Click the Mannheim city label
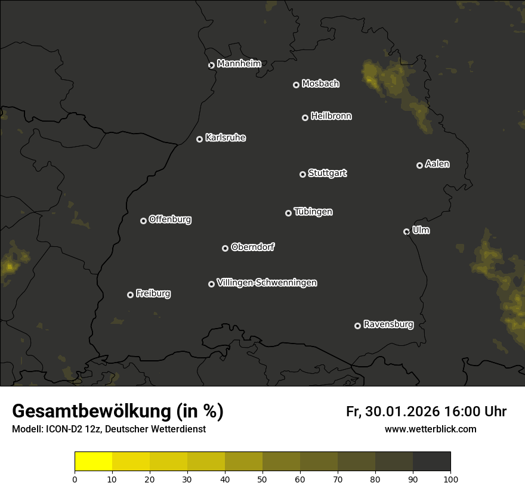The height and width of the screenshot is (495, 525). point(239,64)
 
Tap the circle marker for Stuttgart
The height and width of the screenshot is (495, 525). point(302,174)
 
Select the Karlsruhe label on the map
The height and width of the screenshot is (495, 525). point(225,138)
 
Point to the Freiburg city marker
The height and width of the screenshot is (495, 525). point(130,295)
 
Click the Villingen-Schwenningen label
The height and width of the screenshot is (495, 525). point(267,283)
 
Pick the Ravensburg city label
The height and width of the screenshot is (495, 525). point(388,324)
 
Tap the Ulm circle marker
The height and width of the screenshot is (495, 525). point(406,231)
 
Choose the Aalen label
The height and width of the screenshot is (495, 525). point(437,164)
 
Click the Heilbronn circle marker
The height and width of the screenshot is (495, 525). point(305,117)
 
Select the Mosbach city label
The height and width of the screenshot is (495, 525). point(320,83)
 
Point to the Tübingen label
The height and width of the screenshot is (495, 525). point(313,212)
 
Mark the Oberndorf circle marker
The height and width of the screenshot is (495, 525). point(225,248)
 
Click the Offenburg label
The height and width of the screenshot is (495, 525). point(170,219)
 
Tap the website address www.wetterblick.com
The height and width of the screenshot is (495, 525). point(430,429)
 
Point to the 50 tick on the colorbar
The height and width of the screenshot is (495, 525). point(262,478)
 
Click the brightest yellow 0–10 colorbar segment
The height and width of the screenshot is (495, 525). point(93,462)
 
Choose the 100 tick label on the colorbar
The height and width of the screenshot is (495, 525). point(450,478)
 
